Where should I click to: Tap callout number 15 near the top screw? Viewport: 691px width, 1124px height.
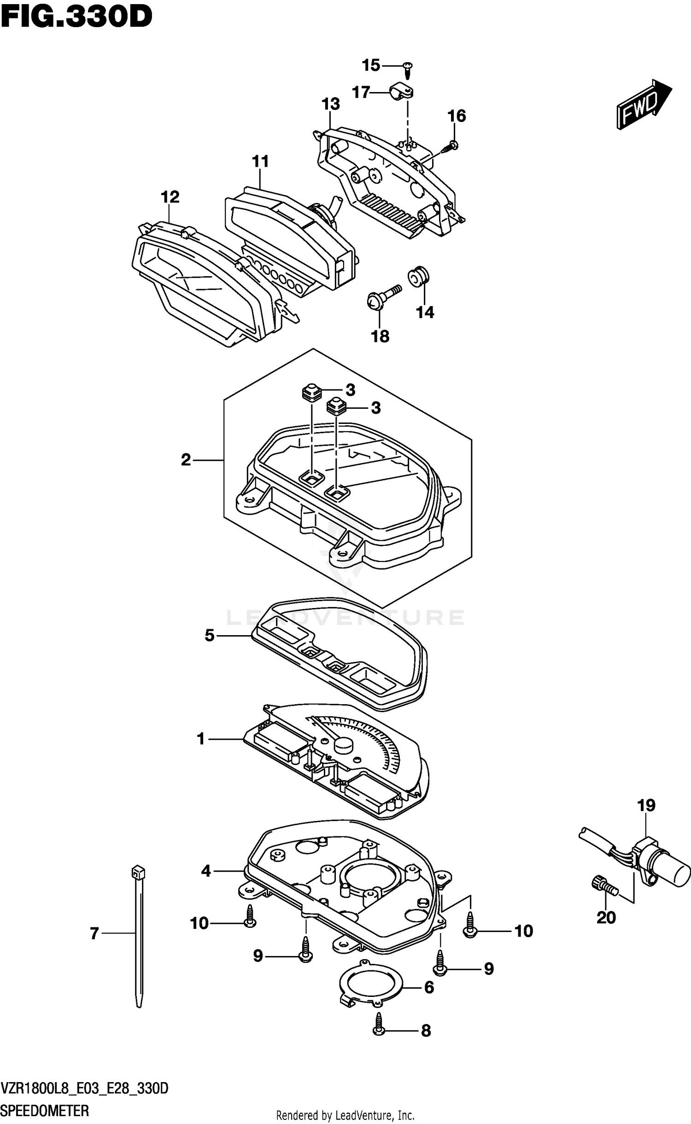coord(371,65)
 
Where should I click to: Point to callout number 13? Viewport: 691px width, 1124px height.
coord(331,104)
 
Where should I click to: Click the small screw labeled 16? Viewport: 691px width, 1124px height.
coord(450,147)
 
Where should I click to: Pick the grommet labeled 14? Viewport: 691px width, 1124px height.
coord(419,277)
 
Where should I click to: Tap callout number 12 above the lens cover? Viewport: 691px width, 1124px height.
coord(170,197)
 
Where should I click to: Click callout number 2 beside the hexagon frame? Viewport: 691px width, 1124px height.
coord(186,459)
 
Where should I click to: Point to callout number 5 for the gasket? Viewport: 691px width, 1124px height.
coord(210,636)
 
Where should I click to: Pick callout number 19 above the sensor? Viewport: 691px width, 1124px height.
coord(646,805)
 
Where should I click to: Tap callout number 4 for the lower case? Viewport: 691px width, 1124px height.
coord(206,870)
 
